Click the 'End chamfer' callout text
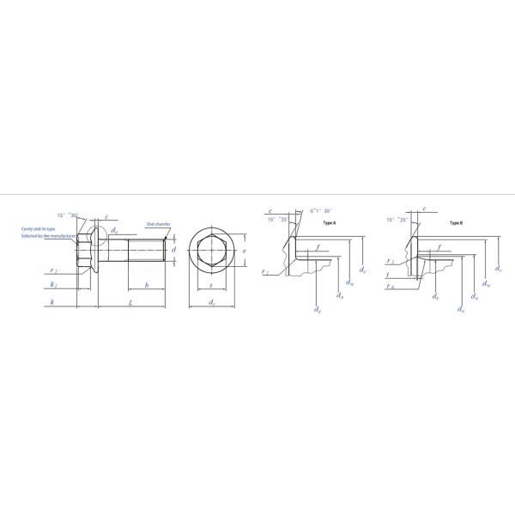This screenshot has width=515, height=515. click(159, 223)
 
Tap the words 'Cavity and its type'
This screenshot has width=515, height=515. click(39, 229)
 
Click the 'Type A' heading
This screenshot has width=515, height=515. click(329, 223)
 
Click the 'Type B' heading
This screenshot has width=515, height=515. click(456, 223)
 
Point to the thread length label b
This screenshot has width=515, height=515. click(147, 284)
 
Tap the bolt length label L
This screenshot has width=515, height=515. click(130, 303)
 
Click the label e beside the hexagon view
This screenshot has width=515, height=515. click(245, 252)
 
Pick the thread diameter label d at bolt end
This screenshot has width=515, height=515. click(173, 250)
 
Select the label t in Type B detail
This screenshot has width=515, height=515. click(388, 276)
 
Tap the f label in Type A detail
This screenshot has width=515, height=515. click(318, 247)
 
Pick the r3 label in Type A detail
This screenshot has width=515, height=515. click(266, 271)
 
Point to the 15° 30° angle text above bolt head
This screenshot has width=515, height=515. click(69, 215)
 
